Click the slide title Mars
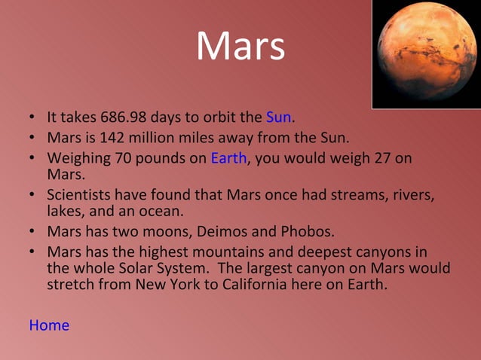[240, 47]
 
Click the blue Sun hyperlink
[278, 117]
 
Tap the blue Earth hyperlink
[228, 158]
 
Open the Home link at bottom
[49, 325]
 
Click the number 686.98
[123, 117]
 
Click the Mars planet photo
[426, 53]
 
